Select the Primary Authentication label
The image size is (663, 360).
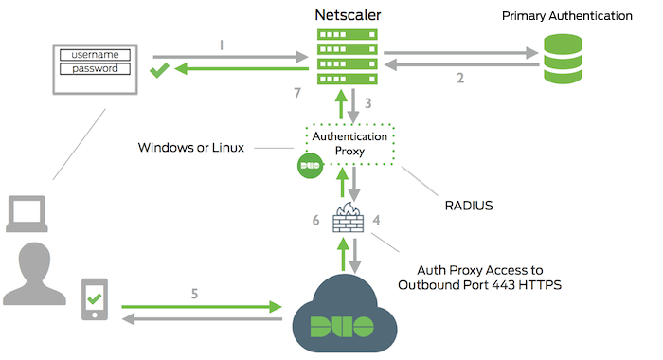567,16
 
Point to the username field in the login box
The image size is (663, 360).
95,55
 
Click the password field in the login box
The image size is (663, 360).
95,68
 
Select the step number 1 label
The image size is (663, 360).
222,44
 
